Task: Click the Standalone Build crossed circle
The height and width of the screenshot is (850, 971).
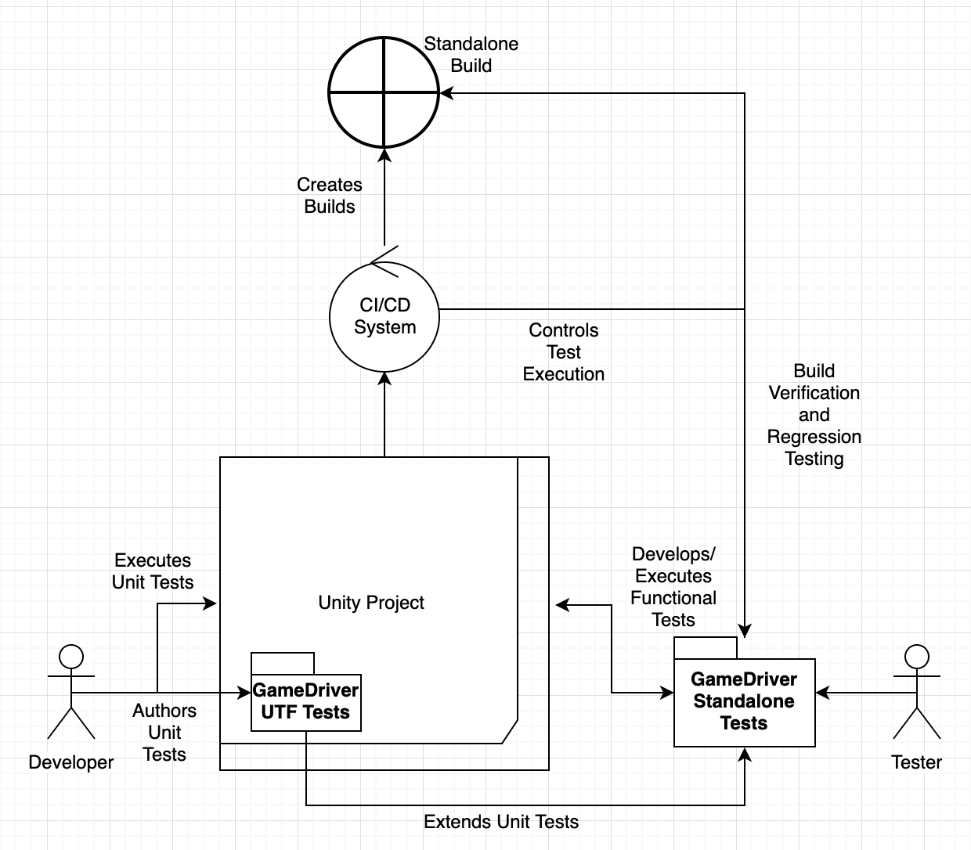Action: [x=384, y=92]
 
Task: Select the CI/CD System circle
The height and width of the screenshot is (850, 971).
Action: [x=384, y=315]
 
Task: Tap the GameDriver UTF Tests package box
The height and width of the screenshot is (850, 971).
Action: [x=306, y=701]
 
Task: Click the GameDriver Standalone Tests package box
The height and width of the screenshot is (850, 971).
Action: [x=744, y=701]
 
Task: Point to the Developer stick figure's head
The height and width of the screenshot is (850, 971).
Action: [x=71, y=656]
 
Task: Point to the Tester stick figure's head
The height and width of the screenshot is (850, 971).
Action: [x=916, y=656]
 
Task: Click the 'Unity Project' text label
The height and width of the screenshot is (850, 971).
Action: [x=371, y=603]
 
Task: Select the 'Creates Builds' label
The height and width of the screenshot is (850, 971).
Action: [x=330, y=196]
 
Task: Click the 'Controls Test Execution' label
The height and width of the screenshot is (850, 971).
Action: [x=564, y=352]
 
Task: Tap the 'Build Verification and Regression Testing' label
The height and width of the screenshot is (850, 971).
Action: [x=814, y=415]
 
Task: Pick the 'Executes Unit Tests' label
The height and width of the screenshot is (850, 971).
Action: [x=153, y=571]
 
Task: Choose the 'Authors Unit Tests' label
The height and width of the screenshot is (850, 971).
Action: [x=164, y=733]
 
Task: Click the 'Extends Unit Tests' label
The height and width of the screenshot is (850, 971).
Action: [x=501, y=822]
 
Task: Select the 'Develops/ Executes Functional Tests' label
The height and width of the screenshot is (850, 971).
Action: [x=673, y=587]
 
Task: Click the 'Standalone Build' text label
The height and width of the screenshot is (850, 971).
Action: [x=471, y=55]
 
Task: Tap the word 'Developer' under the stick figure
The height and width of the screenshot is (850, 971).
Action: [x=71, y=762]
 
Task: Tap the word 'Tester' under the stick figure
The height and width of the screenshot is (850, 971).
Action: [x=916, y=762]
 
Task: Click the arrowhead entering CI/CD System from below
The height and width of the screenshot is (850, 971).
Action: [x=384, y=378]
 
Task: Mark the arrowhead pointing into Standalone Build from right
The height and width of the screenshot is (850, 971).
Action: [x=446, y=93]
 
